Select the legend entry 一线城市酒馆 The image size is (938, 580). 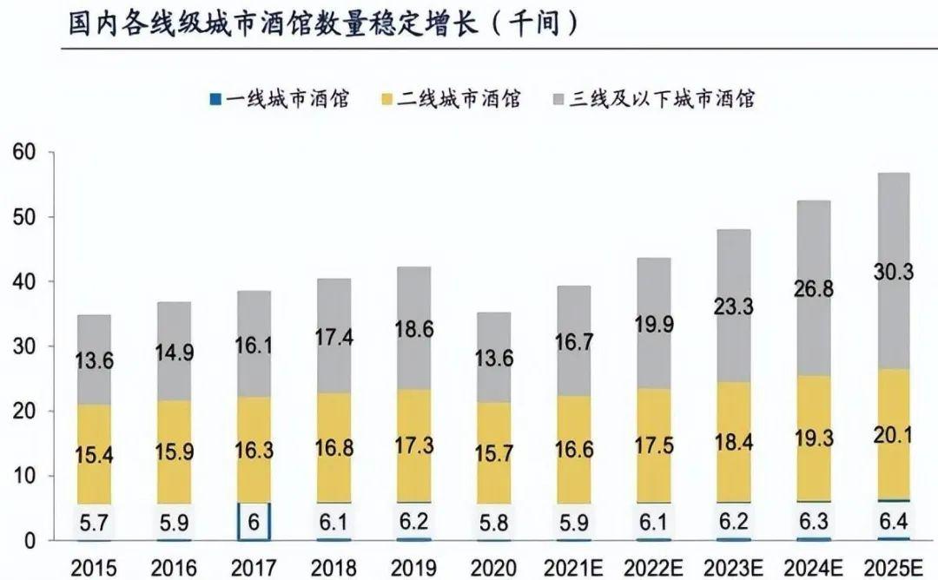click(x=280, y=98)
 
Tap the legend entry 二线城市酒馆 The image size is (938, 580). click(x=452, y=98)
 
